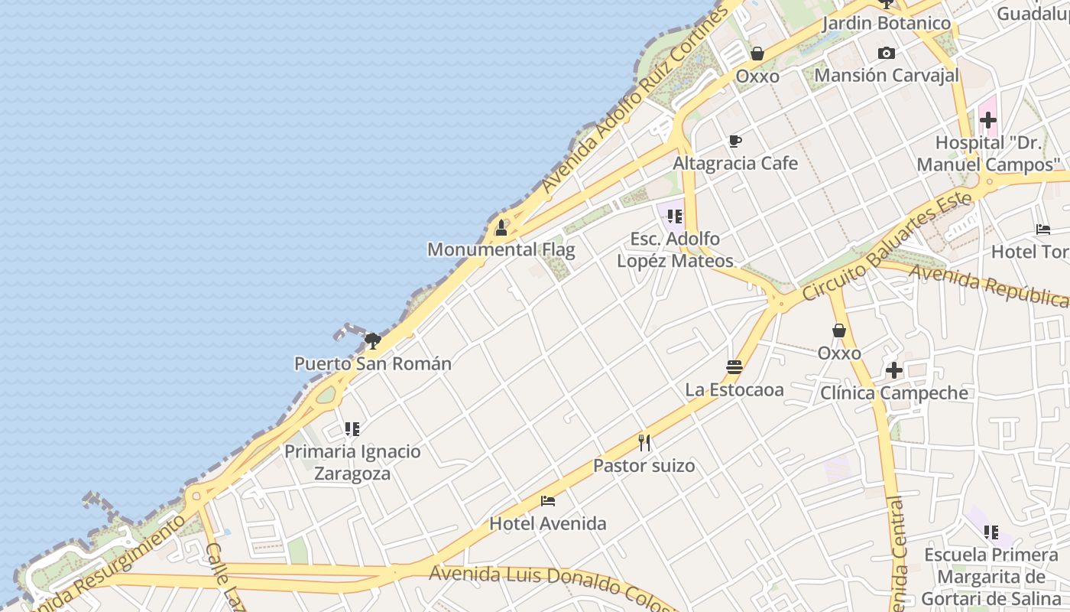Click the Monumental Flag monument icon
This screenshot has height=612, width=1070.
[x=501, y=228]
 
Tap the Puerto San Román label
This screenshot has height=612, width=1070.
[x=373, y=363]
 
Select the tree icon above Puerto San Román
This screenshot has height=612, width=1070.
[x=373, y=340]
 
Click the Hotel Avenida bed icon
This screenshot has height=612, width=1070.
[x=548, y=501]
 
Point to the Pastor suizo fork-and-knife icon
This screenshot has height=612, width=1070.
[x=644, y=442]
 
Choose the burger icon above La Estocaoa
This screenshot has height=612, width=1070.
[x=734, y=367]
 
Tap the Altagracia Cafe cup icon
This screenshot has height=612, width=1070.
[x=735, y=141]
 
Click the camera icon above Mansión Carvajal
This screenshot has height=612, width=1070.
[x=887, y=53]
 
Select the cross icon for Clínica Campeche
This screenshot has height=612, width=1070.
[x=894, y=371]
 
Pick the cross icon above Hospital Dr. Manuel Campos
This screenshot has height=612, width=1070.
[x=988, y=120]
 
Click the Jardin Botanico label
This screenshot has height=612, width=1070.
[x=887, y=23]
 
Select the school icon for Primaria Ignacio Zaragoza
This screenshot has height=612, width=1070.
[x=352, y=429]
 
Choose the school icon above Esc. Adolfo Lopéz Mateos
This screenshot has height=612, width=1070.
[x=674, y=216]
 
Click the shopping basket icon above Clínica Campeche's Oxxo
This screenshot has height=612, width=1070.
[x=839, y=330]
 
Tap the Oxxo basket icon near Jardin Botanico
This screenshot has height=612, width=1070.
[x=757, y=54]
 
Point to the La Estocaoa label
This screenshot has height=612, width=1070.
[x=734, y=389]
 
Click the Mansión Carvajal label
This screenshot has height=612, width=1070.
[x=887, y=75]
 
